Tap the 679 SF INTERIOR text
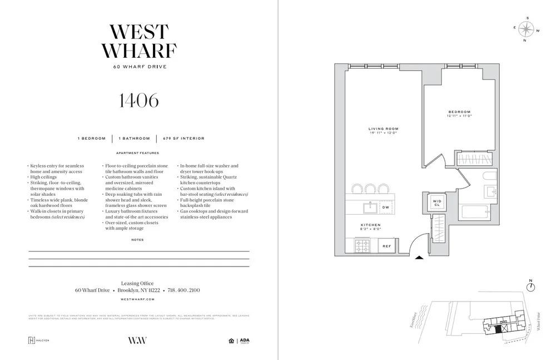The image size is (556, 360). coord(180,138)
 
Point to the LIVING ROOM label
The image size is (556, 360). coord(383,130)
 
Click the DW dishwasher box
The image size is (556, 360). coord(386,207)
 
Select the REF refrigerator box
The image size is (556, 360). coord(386,245)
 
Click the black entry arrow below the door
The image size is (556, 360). coord(419,257)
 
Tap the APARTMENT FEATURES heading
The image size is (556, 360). coord(137,153)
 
